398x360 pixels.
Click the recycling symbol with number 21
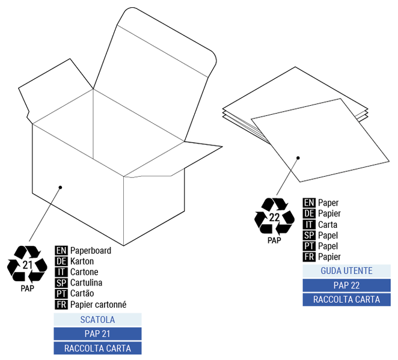27,264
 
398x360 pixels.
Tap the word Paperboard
90,251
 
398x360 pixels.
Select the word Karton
82,261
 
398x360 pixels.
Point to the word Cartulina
86,282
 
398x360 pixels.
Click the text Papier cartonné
98,304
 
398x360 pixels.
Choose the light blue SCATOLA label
97,320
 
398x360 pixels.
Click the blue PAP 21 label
97,334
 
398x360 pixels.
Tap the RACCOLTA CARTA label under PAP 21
97,348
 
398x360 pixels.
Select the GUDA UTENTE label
346,271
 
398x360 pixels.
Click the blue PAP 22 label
346,285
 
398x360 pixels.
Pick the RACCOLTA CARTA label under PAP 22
346,299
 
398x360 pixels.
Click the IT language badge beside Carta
309,225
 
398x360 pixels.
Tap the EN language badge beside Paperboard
61,251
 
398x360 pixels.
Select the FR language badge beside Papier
309,257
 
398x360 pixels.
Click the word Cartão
82,293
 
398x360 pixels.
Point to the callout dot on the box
60,188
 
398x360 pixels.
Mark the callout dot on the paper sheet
298,158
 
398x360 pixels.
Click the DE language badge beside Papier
309,214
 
